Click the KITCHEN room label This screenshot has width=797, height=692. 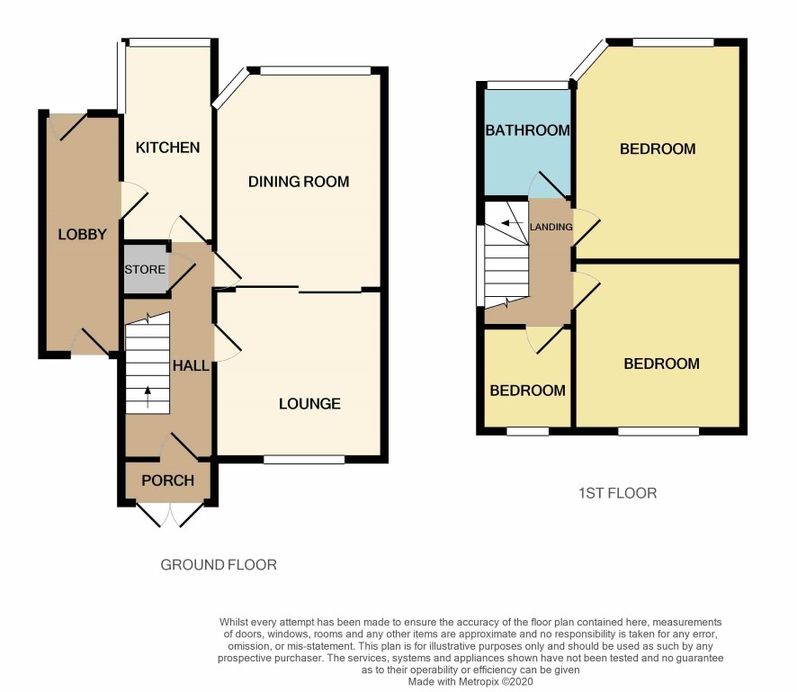[x=167, y=148]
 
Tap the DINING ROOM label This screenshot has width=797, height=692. [x=299, y=182]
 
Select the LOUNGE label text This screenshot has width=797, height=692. [x=310, y=404]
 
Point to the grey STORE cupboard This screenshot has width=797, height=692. [x=147, y=269]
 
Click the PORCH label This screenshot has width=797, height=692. [x=167, y=481]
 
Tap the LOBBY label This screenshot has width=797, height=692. [x=83, y=234]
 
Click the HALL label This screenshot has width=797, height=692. [x=191, y=365]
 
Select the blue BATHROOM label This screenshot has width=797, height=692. [x=528, y=130]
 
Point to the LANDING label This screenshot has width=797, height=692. [x=551, y=227]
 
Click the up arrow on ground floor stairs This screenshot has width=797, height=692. [x=148, y=397]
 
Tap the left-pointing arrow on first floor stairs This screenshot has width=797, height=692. [x=513, y=223]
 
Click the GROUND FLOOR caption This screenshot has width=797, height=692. [x=219, y=565]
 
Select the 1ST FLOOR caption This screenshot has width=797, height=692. [x=618, y=493]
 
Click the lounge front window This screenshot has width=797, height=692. [x=304, y=460]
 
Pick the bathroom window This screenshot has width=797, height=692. [x=527, y=85]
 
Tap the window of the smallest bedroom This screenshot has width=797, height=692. [x=528, y=431]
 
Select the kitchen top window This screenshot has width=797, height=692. [x=169, y=42]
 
